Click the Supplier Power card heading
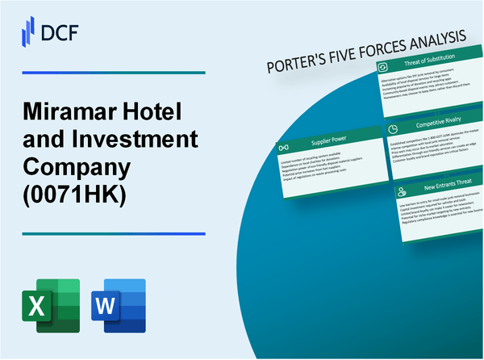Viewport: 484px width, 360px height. click(328, 148)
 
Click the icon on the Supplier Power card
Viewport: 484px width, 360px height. click(283, 148)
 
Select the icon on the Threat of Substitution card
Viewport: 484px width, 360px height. click(386, 68)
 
